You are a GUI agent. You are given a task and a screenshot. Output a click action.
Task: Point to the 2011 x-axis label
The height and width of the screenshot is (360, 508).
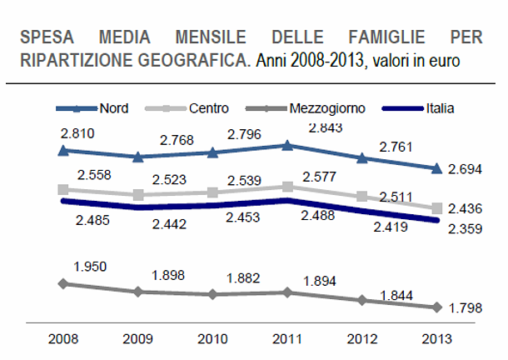point(287,340)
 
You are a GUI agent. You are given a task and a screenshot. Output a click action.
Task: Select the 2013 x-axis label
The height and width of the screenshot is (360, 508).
point(436,340)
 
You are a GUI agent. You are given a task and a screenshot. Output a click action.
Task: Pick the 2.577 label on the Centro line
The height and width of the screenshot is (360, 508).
point(317,177)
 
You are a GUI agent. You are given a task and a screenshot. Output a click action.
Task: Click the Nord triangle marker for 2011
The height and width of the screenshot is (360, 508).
point(287,145)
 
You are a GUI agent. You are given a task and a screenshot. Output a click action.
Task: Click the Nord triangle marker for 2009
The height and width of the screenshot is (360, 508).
point(137,156)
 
